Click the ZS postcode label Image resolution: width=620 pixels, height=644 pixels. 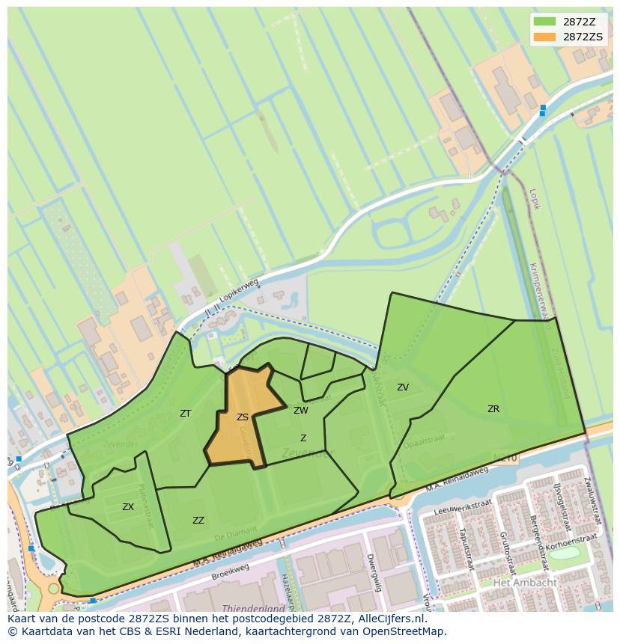coord(243,417)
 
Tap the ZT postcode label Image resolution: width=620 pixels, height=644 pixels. coord(186,414)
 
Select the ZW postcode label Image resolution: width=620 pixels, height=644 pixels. coord(301,411)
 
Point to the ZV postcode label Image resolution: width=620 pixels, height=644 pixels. coord(403,387)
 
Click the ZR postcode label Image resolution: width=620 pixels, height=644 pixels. coord(493,409)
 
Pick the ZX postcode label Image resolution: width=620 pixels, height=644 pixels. coord(128,507)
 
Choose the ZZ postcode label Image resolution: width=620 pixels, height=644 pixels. coord(198,521)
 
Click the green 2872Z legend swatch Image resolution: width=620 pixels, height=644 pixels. coord(545,22)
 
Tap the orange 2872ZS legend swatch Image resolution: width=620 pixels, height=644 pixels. coord(545,37)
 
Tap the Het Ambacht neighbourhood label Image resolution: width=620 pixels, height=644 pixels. coord(524,583)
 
